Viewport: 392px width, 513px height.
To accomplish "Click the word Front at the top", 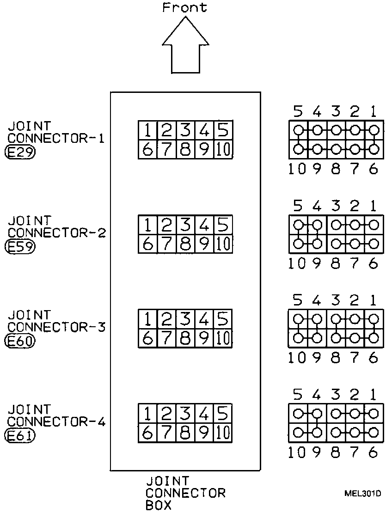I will [x=184, y=7].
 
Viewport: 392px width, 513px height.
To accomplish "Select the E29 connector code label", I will [x=19, y=152].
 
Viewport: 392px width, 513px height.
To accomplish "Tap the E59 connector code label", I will [x=19, y=246].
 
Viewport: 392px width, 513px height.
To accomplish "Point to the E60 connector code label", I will [x=19, y=341].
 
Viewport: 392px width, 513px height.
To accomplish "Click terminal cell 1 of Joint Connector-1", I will [x=147, y=131].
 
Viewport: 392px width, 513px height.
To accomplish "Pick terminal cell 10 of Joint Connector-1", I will [x=223, y=150].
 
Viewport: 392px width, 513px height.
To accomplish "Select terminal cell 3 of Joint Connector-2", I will [x=185, y=225].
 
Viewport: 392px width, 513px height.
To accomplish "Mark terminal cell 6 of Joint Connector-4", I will [x=147, y=433].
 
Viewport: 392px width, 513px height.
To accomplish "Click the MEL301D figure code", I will [x=362, y=494].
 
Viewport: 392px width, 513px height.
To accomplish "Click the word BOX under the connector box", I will [x=159, y=505].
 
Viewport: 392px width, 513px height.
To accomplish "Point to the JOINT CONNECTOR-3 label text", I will [x=55, y=321].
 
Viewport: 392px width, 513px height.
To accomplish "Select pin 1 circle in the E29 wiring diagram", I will [x=374, y=130].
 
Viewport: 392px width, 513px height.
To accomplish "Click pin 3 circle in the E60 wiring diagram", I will [x=336, y=319].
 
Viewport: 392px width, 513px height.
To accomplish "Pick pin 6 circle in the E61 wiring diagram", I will [x=374, y=433].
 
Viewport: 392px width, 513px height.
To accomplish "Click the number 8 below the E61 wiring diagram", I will [x=336, y=453].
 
